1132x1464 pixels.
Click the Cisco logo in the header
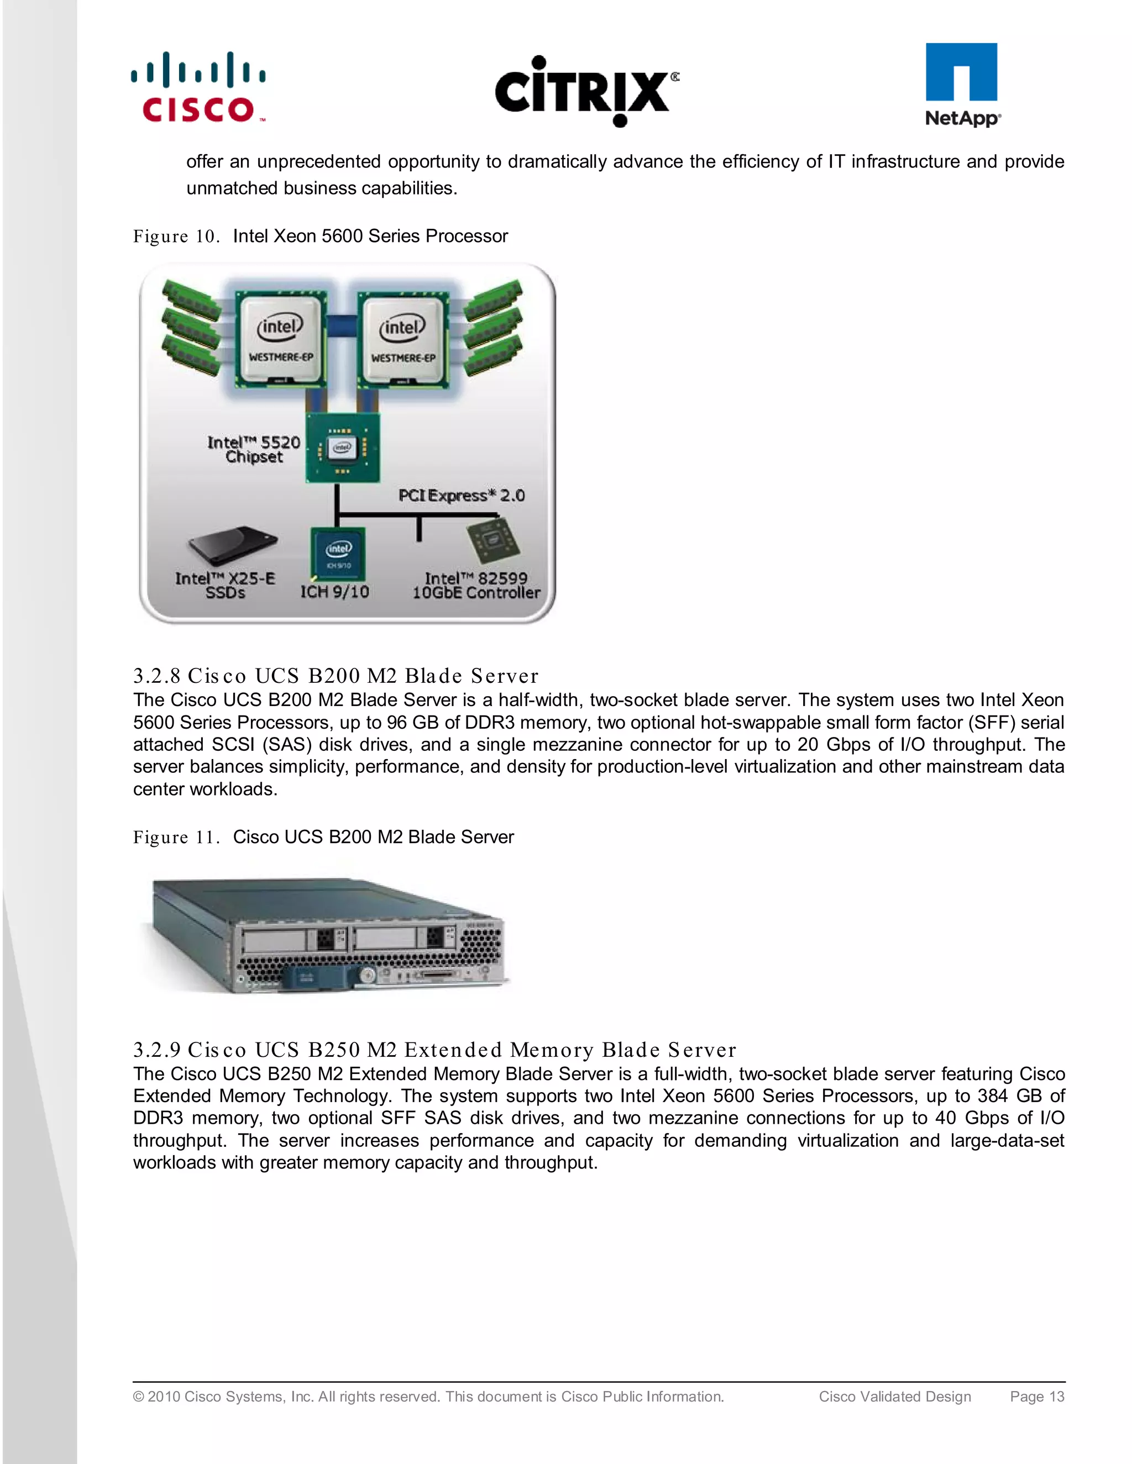pyautogui.click(x=198, y=88)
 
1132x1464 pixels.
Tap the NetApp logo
pyautogui.click(x=962, y=85)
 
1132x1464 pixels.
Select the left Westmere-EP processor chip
pyautogui.click(x=281, y=340)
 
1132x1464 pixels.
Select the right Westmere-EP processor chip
pyautogui.click(x=402, y=340)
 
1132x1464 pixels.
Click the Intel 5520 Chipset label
pyautogui.click(x=254, y=449)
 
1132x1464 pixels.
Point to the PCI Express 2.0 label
pyautogui.click(x=462, y=496)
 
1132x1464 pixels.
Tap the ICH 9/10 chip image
pyautogui.click(x=339, y=554)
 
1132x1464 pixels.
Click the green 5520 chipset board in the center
pyautogui.click(x=343, y=447)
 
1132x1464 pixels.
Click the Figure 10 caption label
pyautogui.click(x=176, y=236)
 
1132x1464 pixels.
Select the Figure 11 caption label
pyautogui.click(x=176, y=837)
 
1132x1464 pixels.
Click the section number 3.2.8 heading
pyautogui.click(x=156, y=676)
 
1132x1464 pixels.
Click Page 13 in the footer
pyautogui.click(x=1037, y=1396)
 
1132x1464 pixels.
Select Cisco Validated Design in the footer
pyautogui.click(x=895, y=1396)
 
